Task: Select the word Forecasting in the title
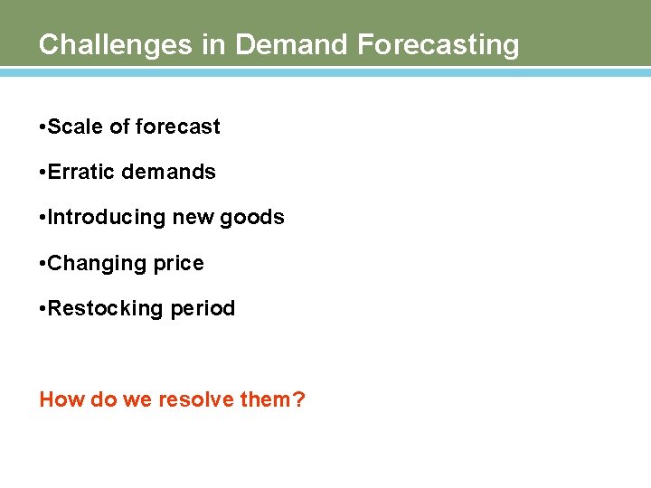click(439, 44)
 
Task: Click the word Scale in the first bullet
click(75, 127)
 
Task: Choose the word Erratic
click(80, 172)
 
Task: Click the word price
click(177, 264)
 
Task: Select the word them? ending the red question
click(273, 399)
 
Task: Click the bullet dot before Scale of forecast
click(42, 127)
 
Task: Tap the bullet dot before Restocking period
click(42, 309)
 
